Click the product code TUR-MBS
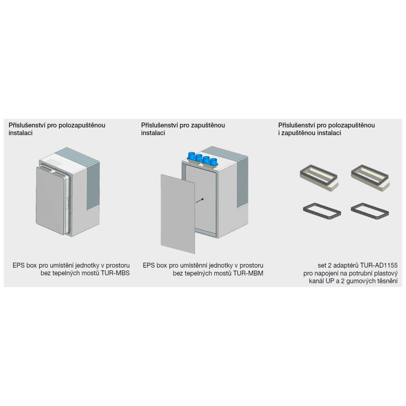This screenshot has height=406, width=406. (115, 273)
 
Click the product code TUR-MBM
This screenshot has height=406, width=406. (248, 273)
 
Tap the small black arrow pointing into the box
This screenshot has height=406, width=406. (200, 201)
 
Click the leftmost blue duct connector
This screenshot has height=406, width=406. (192, 156)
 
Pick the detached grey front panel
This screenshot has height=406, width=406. (178, 214)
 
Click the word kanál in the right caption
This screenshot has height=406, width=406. (315, 281)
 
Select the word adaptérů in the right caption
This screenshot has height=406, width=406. (346, 266)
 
